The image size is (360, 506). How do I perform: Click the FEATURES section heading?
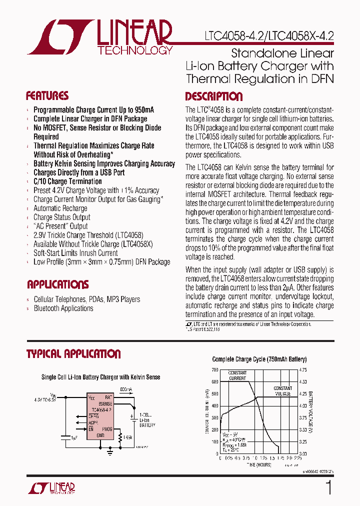[x=47, y=96]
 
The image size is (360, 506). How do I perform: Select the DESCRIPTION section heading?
[x=213, y=96]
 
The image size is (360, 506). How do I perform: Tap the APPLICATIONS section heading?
[x=57, y=284]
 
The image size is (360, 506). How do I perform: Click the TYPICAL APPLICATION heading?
[x=73, y=354]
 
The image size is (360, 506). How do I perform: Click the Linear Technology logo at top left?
[x=100, y=37]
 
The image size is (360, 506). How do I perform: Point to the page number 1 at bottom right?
[x=328, y=487]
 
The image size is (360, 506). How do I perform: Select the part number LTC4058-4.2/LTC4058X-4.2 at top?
[x=269, y=36]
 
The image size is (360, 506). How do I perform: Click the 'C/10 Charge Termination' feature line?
[x=67, y=181]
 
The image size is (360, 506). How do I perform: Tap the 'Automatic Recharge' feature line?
[x=60, y=208]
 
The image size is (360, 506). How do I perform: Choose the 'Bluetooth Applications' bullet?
[x=63, y=308]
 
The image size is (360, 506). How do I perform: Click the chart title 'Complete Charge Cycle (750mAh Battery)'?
[x=259, y=359]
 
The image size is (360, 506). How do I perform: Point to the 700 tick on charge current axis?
[x=214, y=370]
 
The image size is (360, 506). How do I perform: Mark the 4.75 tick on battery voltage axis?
[x=303, y=370]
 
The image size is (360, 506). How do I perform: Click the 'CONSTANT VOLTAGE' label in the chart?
[x=282, y=391]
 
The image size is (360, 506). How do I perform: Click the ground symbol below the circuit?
[x=110, y=452]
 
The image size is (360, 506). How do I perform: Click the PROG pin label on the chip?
[x=107, y=428]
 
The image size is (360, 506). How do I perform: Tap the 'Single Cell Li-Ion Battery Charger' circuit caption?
[x=100, y=377]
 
